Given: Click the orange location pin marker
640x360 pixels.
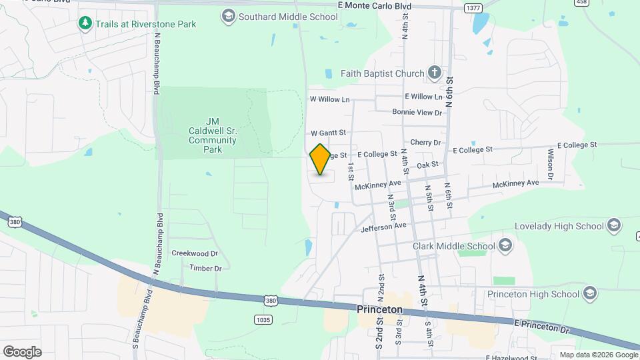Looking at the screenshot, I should tap(320, 159).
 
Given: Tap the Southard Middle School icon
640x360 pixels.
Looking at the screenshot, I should tap(229, 17).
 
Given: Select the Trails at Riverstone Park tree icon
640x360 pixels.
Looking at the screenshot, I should tap(85, 24).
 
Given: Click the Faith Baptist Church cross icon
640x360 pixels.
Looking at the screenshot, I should tap(434, 73).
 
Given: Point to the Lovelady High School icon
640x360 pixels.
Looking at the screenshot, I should tap(614, 226).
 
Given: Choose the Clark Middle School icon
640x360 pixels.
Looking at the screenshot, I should tap(505, 246).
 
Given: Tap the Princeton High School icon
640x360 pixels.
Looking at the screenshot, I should tap(589, 293).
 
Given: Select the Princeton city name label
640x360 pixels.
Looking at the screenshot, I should tap(380, 309).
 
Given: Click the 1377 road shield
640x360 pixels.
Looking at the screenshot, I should tap(473, 8).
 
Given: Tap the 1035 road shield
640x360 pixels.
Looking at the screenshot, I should tap(263, 320).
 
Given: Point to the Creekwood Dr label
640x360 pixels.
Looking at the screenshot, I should tap(195, 253).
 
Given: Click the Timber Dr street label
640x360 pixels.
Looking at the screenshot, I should tap(205, 268).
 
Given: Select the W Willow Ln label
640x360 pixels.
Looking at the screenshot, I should tap(329, 99).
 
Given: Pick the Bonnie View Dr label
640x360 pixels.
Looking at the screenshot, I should tap(417, 113).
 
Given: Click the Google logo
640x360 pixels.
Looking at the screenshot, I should tap(22, 352).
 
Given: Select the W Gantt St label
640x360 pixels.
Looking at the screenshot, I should tap(328, 133).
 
